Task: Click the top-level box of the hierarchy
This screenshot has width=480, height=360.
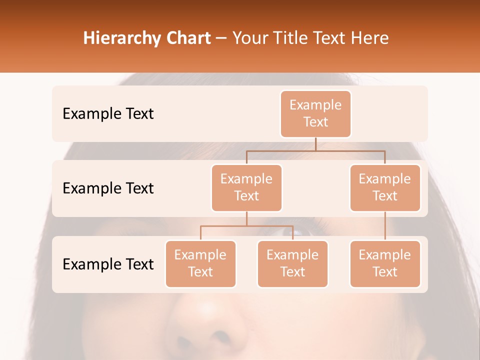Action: pyautogui.click(x=315, y=113)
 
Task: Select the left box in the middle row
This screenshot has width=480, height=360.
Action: pyautogui.click(x=246, y=187)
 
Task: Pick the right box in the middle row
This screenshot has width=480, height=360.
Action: pyautogui.click(x=385, y=187)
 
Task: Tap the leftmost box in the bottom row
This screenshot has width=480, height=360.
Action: pyautogui.click(x=200, y=263)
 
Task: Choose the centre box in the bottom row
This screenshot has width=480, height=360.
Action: pyautogui.click(x=292, y=263)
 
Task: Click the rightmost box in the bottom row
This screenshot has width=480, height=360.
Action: pyautogui.click(x=385, y=263)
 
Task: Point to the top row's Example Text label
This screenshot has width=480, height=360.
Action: pyautogui.click(x=108, y=114)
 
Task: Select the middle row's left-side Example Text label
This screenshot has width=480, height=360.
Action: pyautogui.click(x=108, y=188)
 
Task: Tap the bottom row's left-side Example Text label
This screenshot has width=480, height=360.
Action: pyautogui.click(x=108, y=264)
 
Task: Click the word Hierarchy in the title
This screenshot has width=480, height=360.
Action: pyautogui.click(x=121, y=38)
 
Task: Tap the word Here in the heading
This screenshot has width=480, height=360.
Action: pyautogui.click(x=370, y=38)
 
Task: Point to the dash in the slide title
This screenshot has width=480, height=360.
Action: pyautogui.click(x=221, y=38)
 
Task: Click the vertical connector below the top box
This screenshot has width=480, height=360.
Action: pyautogui.click(x=315, y=144)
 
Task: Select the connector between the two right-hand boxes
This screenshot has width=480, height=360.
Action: pyautogui.click(x=385, y=226)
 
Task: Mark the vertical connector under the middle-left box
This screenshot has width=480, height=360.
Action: pyautogui.click(x=246, y=218)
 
